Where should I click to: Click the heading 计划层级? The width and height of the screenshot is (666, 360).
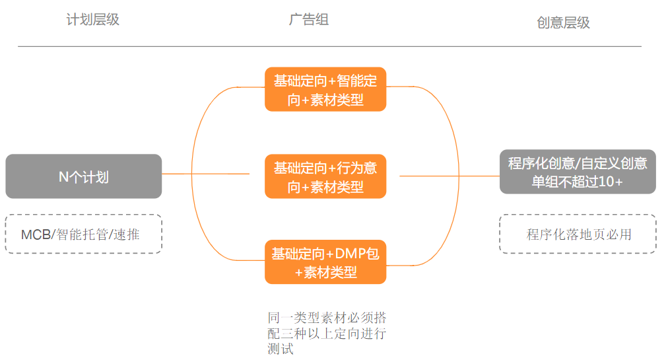(93, 19)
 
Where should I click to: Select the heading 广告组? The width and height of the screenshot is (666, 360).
(309, 19)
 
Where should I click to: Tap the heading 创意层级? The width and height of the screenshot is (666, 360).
(563, 22)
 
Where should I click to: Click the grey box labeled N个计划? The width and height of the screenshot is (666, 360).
(84, 176)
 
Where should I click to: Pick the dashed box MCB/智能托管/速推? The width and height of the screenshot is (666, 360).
(84, 234)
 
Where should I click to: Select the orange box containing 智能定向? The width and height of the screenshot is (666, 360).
(325, 89)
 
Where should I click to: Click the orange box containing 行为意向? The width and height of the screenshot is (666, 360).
(325, 176)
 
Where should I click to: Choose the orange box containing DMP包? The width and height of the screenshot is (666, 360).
(325, 262)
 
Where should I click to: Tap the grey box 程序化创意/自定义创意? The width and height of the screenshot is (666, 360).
(578, 172)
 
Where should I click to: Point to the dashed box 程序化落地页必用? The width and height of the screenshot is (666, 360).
(578, 234)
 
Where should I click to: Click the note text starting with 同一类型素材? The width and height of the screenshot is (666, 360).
(327, 332)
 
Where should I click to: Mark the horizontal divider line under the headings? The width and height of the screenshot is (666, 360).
(329, 46)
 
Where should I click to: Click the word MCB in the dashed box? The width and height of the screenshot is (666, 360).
(36, 234)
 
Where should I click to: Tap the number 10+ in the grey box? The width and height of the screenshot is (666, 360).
(610, 182)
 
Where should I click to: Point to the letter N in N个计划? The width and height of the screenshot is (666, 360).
(64, 177)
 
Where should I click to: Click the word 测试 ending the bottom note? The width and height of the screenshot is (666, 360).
(281, 349)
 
